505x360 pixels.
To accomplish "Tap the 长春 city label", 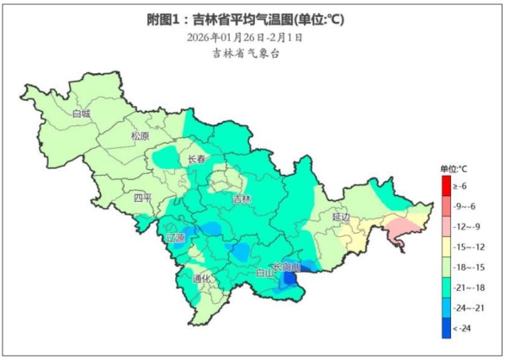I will (196, 160).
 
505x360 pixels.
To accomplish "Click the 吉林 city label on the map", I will (242, 199).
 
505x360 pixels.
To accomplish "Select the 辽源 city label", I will (175, 239).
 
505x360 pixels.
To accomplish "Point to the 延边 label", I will (340, 216).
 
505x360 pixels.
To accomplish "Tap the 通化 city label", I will (200, 278).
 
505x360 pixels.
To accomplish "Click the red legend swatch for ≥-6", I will (446, 186).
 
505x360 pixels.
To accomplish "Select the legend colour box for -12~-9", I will (446, 226).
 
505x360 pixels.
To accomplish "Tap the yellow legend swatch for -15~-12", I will (446, 246).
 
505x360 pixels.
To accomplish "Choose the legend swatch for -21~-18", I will (446, 287).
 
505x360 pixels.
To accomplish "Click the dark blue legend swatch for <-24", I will (446, 327).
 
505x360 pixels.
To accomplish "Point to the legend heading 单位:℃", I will (453, 169).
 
